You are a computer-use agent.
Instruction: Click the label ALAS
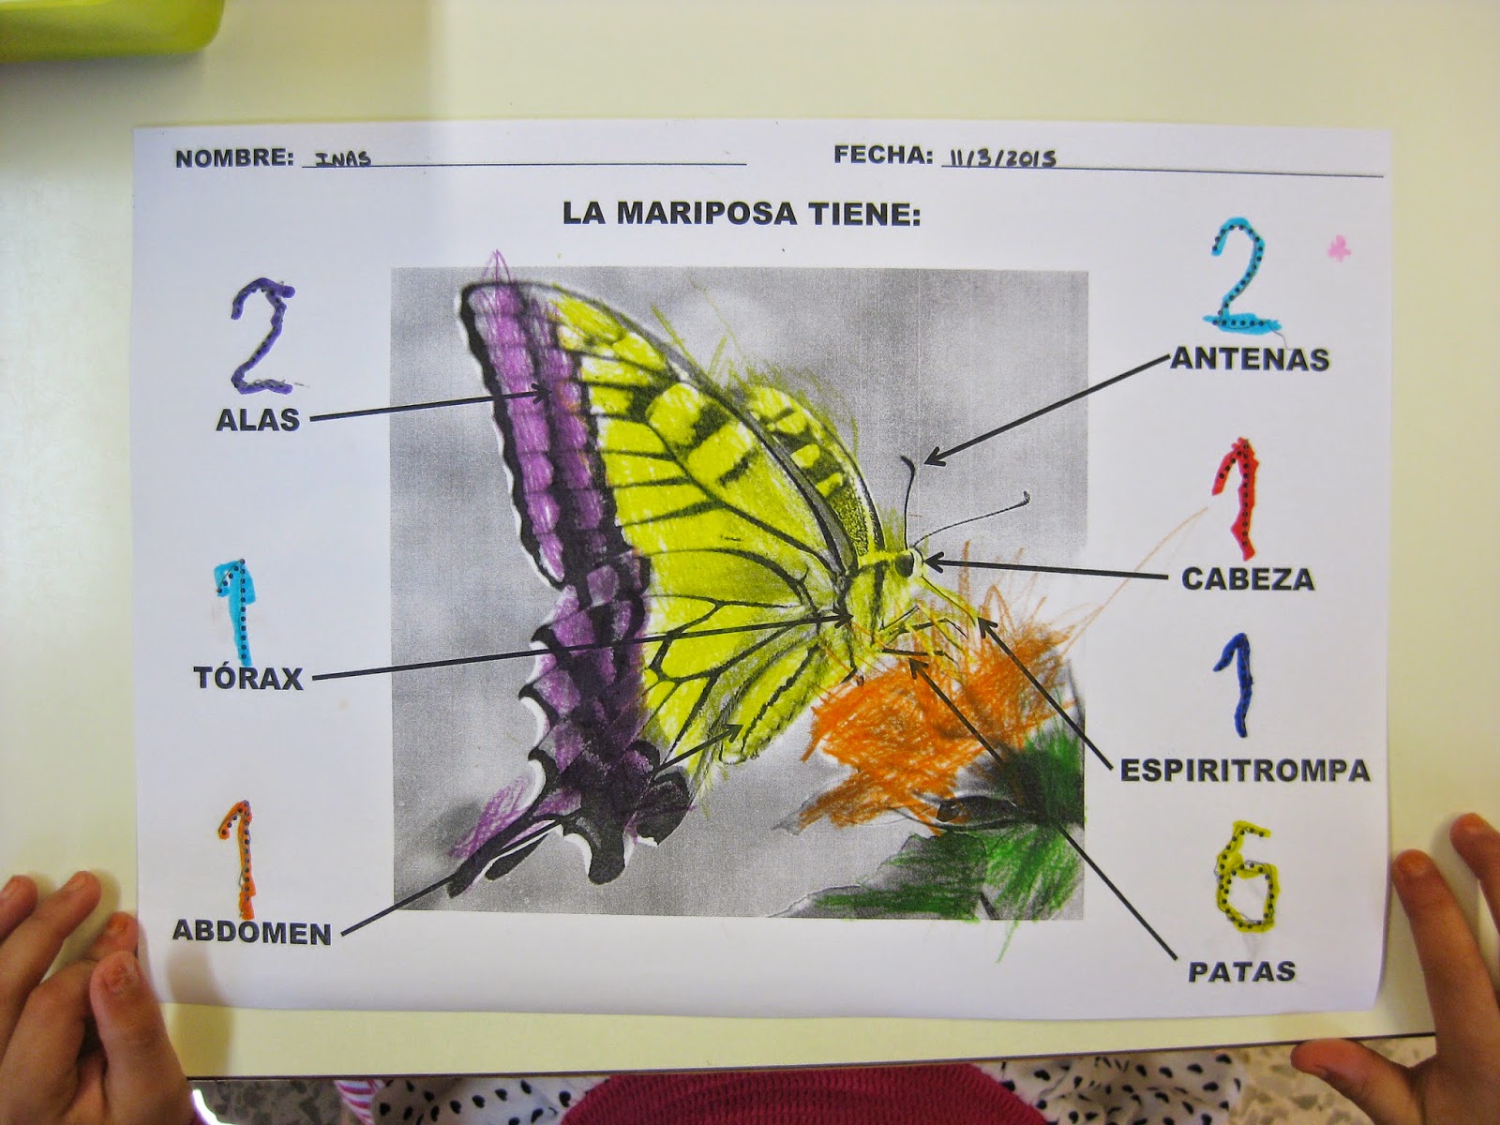click(x=258, y=420)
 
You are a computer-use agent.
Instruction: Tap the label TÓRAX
click(x=248, y=678)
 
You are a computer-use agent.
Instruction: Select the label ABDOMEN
click(x=251, y=932)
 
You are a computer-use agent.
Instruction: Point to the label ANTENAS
click(x=1250, y=358)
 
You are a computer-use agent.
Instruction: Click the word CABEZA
click(x=1247, y=578)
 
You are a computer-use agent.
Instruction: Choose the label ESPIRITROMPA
click(x=1245, y=771)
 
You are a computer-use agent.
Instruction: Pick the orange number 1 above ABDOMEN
click(x=241, y=859)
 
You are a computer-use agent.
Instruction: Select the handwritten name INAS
click(x=343, y=158)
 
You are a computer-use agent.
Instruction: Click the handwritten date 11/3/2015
click(x=1001, y=157)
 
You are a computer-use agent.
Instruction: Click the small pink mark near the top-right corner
click(x=1340, y=248)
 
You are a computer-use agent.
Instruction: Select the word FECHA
click(x=883, y=155)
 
